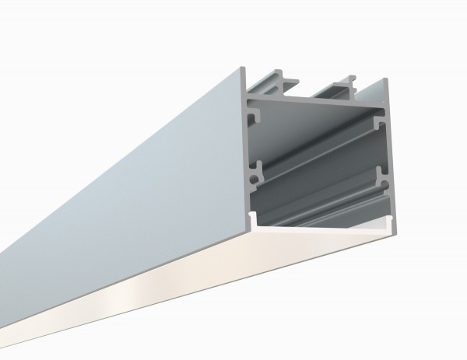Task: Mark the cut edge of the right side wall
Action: tap(387, 156)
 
